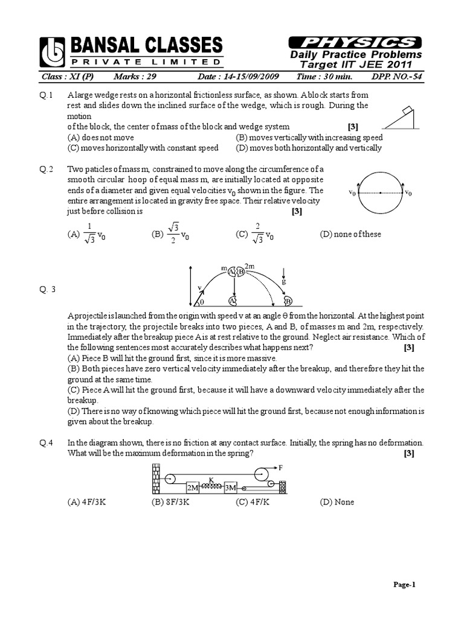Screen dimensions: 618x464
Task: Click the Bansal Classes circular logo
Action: (x=53, y=51)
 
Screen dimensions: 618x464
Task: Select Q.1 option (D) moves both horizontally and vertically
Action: (x=309, y=147)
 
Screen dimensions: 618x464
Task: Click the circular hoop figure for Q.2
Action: (x=379, y=194)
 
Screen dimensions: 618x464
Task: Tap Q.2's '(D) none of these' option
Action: (x=350, y=234)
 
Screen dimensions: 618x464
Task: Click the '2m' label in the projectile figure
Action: (x=250, y=266)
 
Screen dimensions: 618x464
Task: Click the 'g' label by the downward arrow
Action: (x=283, y=281)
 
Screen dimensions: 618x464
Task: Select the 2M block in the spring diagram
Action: (x=192, y=486)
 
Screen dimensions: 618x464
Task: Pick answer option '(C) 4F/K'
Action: (x=253, y=502)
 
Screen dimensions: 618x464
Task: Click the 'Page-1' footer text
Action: (x=405, y=585)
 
